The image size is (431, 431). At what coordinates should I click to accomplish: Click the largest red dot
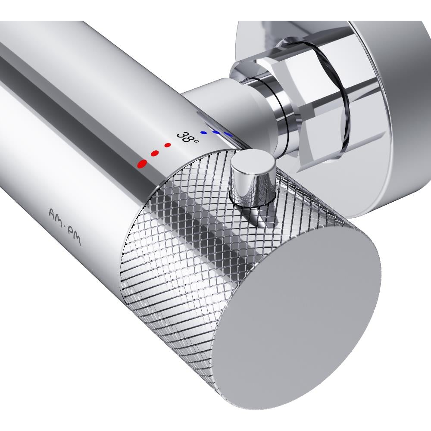point(142,164)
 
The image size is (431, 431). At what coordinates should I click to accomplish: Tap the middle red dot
point(155,153)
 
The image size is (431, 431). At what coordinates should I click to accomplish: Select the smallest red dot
point(167,145)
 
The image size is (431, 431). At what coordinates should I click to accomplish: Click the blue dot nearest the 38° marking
point(204,132)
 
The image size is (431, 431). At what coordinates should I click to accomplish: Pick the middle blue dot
point(217,132)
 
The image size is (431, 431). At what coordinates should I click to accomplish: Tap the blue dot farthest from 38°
point(228,134)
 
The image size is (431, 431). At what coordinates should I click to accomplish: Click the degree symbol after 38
point(196,141)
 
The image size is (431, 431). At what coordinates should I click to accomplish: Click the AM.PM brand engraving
point(65,226)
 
